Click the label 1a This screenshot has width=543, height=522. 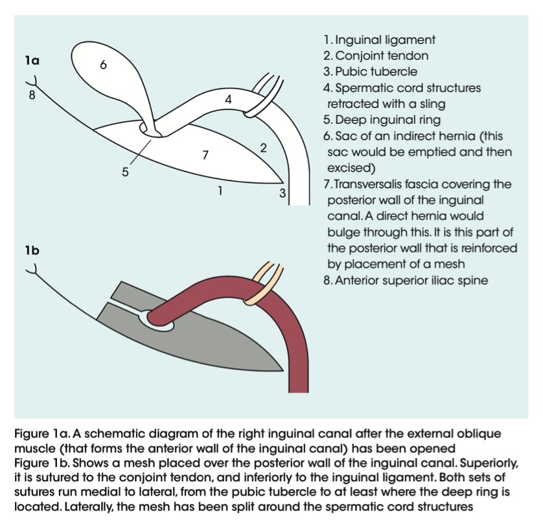[x=32, y=61]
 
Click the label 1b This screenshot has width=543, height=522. [x=32, y=250]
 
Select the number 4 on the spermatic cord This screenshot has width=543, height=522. [x=228, y=100]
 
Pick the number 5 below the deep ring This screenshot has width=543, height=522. [x=126, y=172]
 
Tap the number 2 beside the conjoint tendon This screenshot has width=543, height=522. [x=263, y=147]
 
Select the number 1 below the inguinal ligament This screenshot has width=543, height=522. [x=220, y=190]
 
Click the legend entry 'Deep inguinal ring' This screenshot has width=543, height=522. [x=382, y=120]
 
